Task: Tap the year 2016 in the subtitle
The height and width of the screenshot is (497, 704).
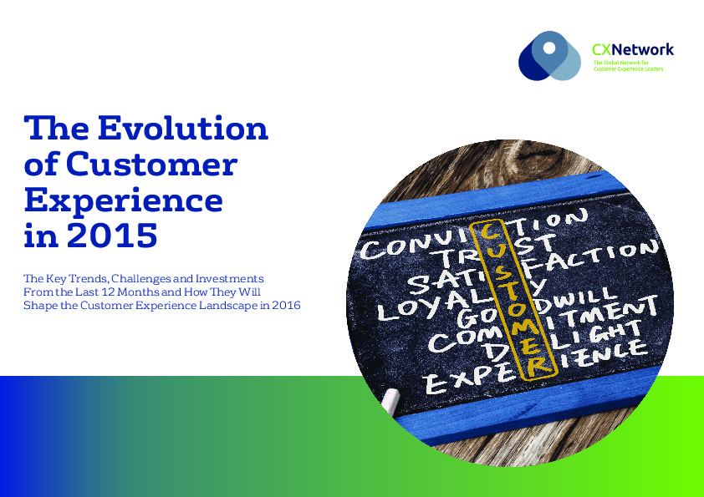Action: (286, 306)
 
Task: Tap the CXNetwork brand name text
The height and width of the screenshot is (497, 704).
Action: (632, 50)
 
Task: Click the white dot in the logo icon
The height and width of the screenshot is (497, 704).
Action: (548, 47)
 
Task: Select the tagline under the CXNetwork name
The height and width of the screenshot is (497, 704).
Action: (628, 66)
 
